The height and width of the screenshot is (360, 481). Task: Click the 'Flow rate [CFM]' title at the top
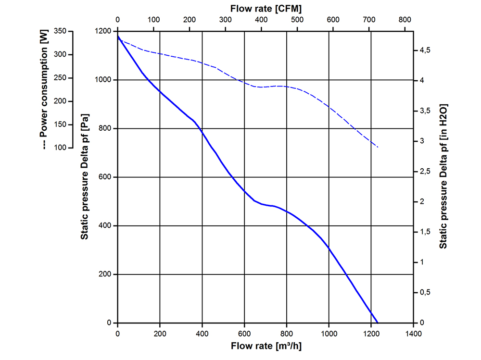[x=266, y=8]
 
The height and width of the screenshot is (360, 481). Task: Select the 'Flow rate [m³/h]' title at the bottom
[x=266, y=346]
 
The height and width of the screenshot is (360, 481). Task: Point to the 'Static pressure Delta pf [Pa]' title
[x=84, y=176]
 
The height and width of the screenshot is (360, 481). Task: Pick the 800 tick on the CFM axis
[x=405, y=20]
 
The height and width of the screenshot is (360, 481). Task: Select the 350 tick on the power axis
[x=61, y=31]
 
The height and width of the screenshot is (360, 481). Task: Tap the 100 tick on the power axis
[x=61, y=148]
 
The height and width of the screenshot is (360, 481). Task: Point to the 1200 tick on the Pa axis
[x=102, y=31]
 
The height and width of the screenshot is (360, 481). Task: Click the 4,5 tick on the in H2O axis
[x=423, y=50]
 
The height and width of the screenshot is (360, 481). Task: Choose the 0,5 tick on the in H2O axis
[x=423, y=292]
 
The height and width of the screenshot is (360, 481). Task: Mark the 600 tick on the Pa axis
[x=105, y=177]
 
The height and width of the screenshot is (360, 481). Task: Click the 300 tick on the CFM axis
[x=225, y=20]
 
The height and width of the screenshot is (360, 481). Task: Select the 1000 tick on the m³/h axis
[x=329, y=332]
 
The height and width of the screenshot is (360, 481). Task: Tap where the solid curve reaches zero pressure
[x=378, y=323]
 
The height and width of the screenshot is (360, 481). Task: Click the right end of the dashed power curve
[x=378, y=147]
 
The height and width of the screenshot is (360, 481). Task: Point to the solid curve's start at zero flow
[x=118, y=36]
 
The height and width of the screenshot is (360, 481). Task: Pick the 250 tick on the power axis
[x=61, y=78]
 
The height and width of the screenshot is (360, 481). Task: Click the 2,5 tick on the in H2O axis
[x=423, y=171]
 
